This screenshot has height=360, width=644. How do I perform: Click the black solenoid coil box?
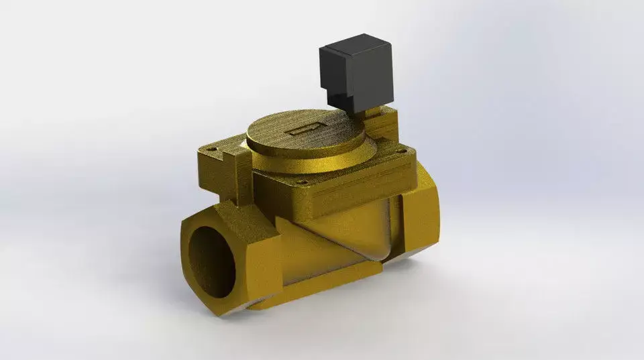pos(356,74)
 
